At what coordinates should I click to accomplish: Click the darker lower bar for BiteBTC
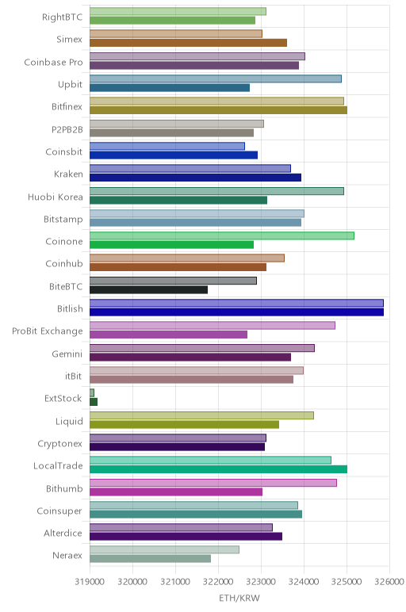point(148,289)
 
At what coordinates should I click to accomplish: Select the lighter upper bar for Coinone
point(222,235)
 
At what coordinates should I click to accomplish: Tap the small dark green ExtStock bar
point(94,402)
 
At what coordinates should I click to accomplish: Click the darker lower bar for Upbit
point(170,88)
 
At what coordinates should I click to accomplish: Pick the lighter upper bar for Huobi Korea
point(216,191)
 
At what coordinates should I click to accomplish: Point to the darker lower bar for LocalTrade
point(218,469)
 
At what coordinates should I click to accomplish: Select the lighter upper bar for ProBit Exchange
point(213,325)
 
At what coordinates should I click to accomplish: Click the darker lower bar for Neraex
point(150,559)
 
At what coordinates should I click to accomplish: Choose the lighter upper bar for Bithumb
point(213,483)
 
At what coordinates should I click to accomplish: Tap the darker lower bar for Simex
point(188,43)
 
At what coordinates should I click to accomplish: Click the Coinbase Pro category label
point(53,63)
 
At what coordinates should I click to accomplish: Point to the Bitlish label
point(70,308)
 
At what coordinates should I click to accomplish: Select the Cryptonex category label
point(59,444)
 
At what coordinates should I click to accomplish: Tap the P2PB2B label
point(67,129)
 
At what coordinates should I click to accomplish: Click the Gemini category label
point(67,354)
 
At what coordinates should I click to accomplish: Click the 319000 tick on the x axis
point(90,582)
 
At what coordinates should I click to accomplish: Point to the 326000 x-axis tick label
point(389,582)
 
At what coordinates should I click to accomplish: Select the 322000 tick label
point(218,582)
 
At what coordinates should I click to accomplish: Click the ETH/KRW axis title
point(239,599)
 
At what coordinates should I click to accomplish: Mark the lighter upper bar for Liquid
point(201,415)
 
